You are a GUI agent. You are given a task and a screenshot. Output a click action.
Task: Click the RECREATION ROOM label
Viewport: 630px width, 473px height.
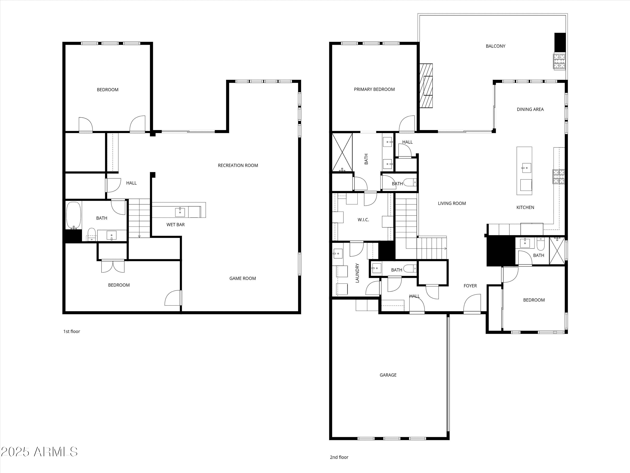[238, 165]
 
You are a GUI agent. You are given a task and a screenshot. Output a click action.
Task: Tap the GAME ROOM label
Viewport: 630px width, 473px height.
[243, 278]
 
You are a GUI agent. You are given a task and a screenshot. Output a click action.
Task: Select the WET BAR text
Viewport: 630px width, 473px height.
[175, 225]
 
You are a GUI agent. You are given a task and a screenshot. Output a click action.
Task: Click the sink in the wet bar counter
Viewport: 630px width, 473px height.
[180, 212]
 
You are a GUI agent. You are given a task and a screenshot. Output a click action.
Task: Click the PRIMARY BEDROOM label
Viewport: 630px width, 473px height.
[374, 89]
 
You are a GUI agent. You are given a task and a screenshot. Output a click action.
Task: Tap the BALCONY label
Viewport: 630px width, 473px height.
[496, 46]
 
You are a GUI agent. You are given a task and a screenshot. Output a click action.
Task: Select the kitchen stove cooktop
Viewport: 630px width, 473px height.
[559, 177]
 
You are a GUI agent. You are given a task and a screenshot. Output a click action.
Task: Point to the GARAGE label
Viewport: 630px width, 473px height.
[388, 375]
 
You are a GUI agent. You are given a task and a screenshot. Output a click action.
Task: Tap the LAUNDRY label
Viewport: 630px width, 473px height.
[357, 273]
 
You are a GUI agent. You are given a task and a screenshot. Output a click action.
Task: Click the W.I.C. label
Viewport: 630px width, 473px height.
[363, 220]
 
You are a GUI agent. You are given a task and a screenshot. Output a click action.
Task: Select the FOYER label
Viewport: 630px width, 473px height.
[470, 286]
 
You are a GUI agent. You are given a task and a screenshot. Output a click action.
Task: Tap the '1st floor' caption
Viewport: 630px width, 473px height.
[72, 331]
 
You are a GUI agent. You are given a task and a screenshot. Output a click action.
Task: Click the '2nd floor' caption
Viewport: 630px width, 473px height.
[339, 457]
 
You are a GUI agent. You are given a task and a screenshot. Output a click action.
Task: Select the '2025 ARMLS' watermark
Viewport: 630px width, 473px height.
[39, 452]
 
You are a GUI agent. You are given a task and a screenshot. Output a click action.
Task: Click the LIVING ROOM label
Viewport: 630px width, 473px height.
[452, 203]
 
